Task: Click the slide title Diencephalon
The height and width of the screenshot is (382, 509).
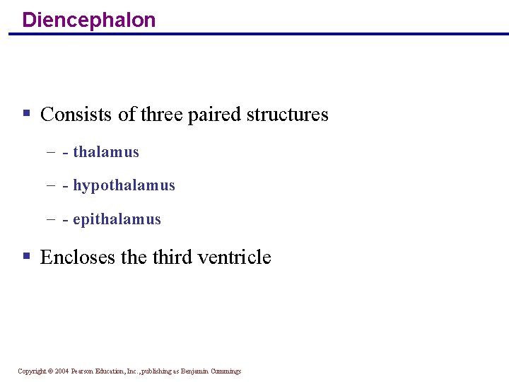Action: click(x=89, y=20)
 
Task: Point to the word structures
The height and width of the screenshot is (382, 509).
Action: click(x=288, y=115)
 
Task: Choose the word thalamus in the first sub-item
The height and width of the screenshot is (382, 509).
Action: click(x=106, y=152)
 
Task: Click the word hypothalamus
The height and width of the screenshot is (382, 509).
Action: click(x=124, y=186)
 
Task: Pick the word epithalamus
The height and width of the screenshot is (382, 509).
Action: click(x=117, y=220)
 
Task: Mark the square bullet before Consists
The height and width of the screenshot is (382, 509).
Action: click(x=26, y=113)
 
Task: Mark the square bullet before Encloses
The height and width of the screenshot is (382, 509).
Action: click(x=26, y=255)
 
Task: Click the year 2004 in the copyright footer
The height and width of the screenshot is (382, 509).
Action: click(x=62, y=371)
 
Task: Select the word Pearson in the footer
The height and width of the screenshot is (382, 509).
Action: click(x=83, y=371)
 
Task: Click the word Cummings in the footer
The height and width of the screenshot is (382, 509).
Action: click(x=226, y=371)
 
